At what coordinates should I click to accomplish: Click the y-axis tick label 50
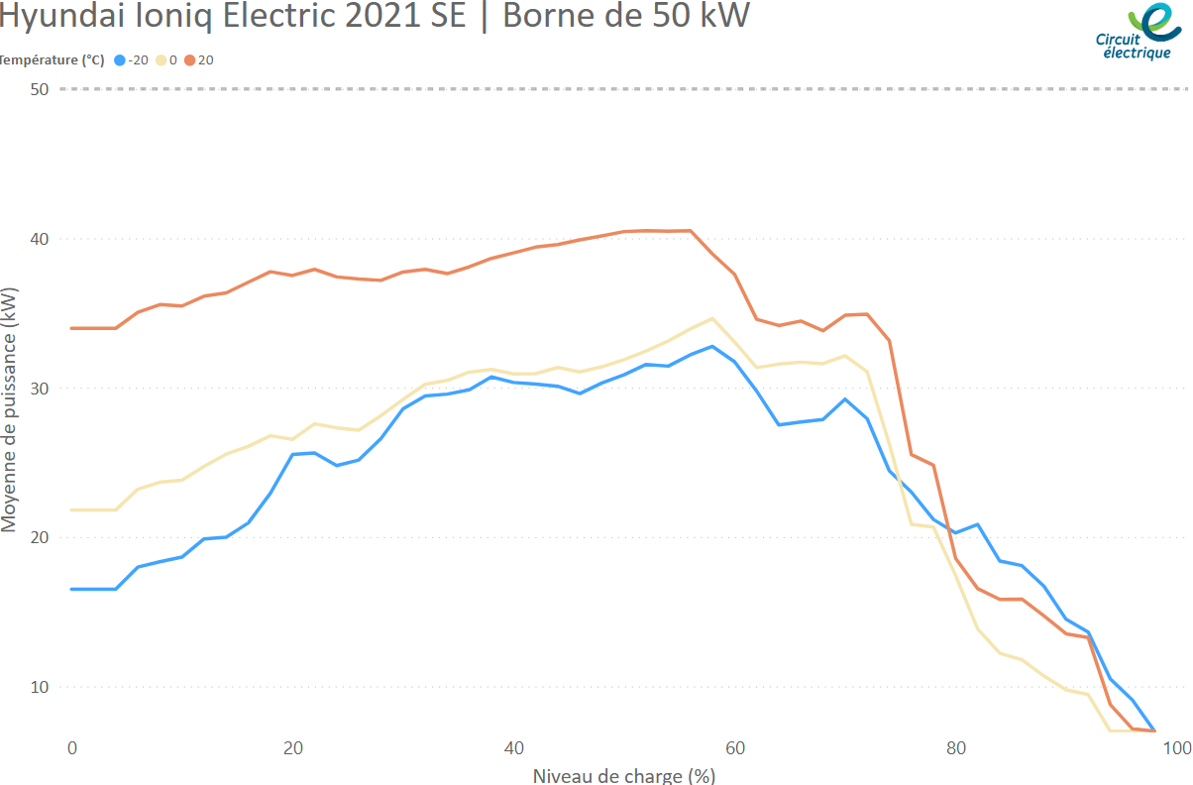[40, 89]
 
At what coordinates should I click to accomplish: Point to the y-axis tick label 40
[40, 239]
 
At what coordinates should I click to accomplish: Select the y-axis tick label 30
[40, 388]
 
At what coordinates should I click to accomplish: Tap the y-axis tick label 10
[40, 686]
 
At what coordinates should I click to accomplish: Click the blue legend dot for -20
[120, 60]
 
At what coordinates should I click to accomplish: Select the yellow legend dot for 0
[161, 60]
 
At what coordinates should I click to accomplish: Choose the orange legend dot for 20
[189, 60]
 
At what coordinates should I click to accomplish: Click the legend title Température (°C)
[52, 60]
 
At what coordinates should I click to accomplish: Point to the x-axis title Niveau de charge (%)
[624, 774]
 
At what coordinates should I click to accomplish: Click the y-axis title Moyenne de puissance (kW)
[10, 410]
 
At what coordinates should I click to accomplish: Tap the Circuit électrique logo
[1139, 32]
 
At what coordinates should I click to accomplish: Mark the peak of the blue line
[712, 346]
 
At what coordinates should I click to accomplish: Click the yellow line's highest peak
[712, 318]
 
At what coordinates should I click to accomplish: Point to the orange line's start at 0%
[71, 328]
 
